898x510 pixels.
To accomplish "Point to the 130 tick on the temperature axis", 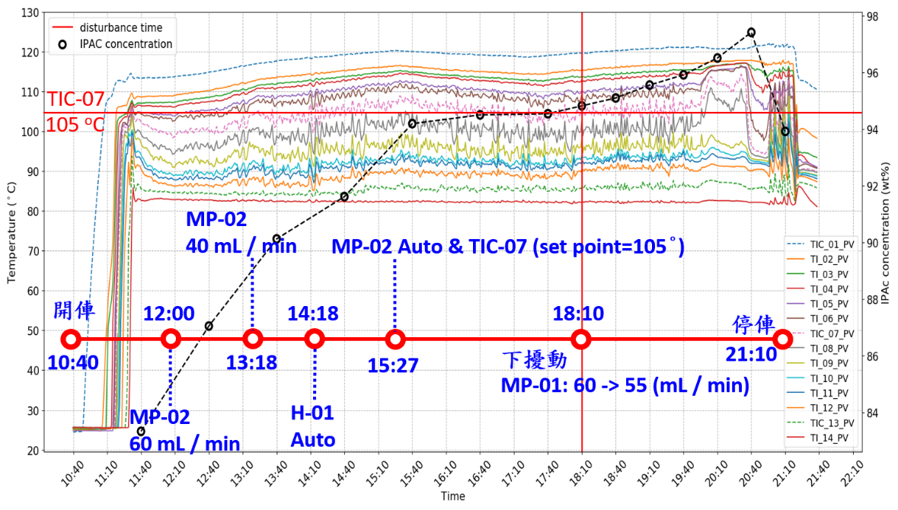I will [x=32, y=13].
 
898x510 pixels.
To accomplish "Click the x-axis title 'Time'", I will [x=452, y=496].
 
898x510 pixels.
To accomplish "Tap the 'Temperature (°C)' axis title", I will [x=11, y=232].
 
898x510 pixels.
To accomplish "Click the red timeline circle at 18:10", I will [x=581, y=339].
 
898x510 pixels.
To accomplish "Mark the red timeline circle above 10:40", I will [x=71, y=339].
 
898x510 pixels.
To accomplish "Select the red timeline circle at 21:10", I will [x=781, y=339].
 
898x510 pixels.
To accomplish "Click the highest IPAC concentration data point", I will [x=751, y=32].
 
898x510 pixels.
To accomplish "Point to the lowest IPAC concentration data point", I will [x=141, y=431].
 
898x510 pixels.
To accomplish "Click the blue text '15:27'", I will [x=393, y=365].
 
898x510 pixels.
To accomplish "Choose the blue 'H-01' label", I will [x=313, y=413].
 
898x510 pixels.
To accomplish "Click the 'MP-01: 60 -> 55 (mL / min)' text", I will [x=625, y=386].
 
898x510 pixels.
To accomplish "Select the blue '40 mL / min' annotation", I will [x=241, y=246].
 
